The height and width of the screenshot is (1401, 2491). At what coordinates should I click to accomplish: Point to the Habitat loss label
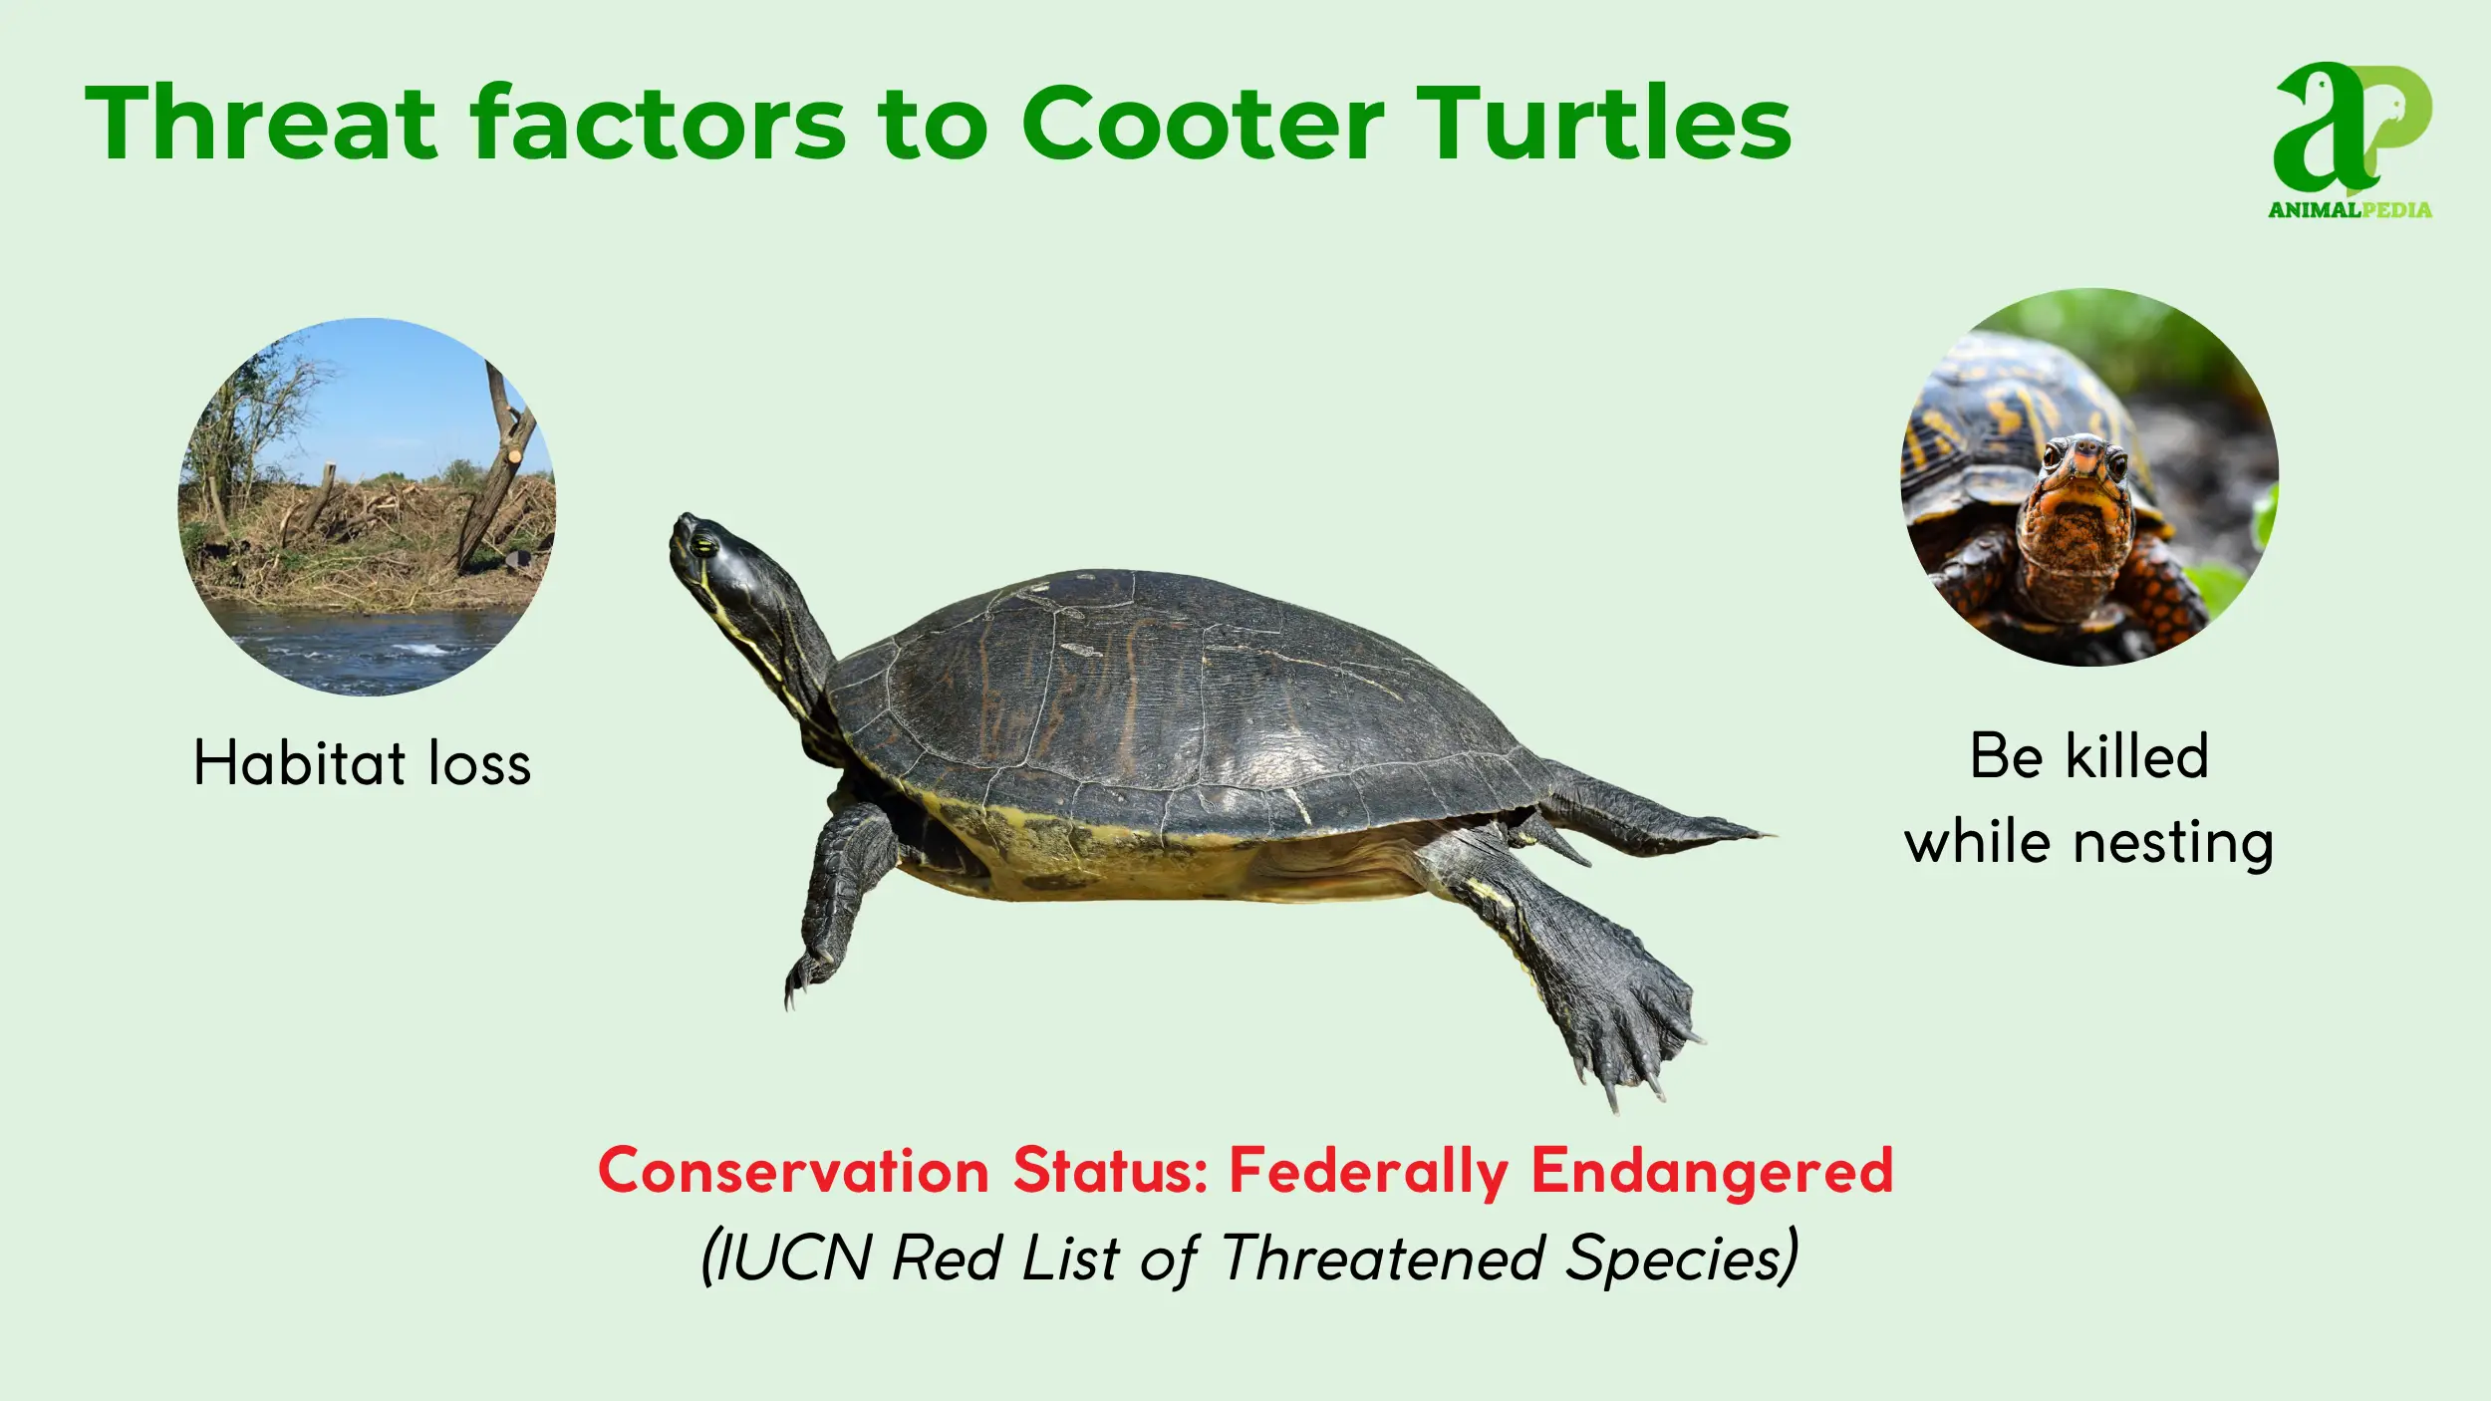coord(363,763)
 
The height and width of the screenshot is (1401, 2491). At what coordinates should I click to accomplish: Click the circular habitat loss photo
coord(367,506)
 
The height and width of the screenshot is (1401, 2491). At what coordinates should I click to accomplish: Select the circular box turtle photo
coord(2089,476)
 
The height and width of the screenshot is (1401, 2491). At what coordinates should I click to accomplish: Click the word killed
coord(2137,756)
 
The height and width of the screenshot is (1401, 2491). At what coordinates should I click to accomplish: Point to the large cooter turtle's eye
coord(704,544)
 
